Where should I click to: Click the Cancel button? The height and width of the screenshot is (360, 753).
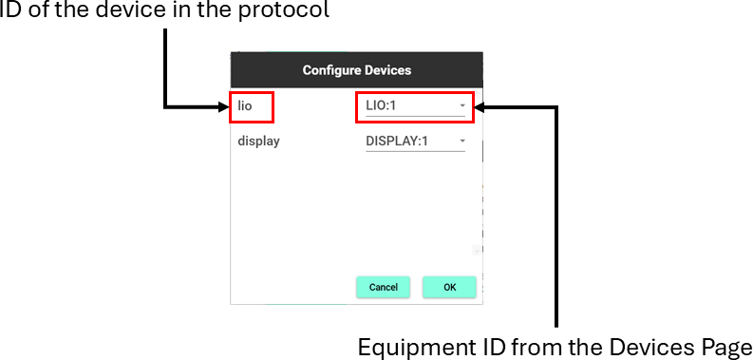point(383,288)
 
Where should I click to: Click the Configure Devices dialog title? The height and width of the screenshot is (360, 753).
point(357,70)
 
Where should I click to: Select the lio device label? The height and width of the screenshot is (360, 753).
point(245,105)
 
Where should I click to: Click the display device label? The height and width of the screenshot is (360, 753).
point(258,142)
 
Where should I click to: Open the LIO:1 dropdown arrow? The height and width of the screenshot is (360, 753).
point(462,105)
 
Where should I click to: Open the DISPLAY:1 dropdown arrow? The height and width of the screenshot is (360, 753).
point(462,141)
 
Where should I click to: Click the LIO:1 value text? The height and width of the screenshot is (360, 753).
point(381,105)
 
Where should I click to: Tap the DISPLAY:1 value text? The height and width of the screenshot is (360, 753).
point(397,142)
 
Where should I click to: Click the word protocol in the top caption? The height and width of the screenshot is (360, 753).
point(284,10)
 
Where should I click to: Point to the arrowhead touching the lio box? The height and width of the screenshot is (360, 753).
point(224,106)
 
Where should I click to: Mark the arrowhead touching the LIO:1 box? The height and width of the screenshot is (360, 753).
point(480,107)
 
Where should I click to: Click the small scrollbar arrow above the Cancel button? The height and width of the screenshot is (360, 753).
point(477,250)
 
